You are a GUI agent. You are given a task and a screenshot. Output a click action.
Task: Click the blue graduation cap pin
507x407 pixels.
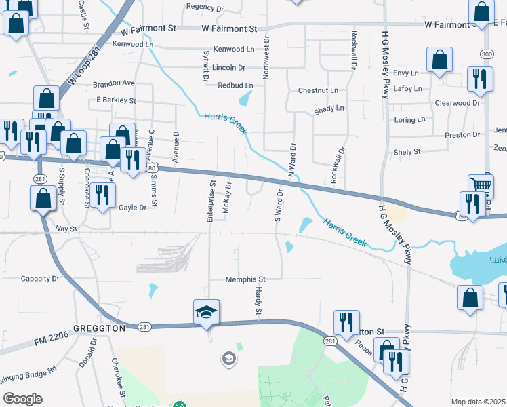click(207, 311)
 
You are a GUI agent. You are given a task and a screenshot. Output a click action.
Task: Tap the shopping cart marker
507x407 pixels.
click(481, 185)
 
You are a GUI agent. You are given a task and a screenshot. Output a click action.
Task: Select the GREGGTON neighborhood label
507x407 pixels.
click(100, 328)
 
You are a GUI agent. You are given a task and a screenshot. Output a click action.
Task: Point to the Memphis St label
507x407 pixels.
click(245, 279)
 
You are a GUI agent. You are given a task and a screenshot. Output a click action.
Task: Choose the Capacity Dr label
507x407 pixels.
click(40, 279)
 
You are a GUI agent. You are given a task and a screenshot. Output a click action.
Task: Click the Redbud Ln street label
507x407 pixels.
click(235, 85)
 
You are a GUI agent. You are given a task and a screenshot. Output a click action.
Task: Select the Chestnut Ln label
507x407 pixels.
click(318, 90)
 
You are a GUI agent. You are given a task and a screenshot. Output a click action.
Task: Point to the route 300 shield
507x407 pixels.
click(486, 54)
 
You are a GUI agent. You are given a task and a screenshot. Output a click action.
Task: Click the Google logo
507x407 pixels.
click(22, 399)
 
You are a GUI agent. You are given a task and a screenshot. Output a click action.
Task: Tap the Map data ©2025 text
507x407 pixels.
click(477, 402)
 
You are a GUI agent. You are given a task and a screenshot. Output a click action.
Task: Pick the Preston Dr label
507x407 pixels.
click(462, 135)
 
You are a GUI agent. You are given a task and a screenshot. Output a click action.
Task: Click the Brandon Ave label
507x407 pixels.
click(114, 83)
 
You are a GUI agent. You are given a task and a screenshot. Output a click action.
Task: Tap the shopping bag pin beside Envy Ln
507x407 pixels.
click(439, 60)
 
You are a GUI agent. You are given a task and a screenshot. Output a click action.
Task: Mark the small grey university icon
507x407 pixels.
click(229, 357)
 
